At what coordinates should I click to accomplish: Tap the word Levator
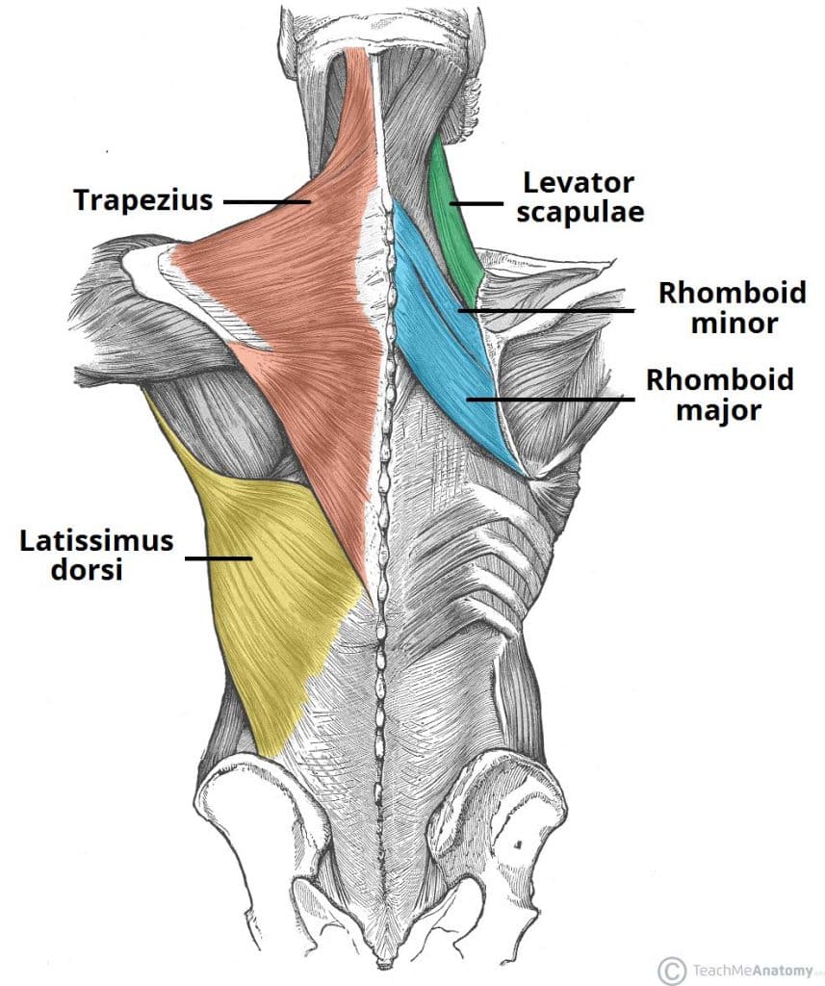click(580, 181)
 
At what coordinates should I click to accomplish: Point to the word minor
click(733, 324)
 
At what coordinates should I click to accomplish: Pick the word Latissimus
click(96, 540)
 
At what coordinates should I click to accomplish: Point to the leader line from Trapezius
click(266, 201)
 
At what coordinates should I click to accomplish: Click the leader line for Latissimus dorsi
click(219, 558)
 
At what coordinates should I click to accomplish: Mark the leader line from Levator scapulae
click(479, 203)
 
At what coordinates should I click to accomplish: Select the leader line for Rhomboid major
click(549, 397)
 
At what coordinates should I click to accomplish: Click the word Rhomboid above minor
click(724, 293)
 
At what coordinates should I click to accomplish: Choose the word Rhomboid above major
click(719, 379)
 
